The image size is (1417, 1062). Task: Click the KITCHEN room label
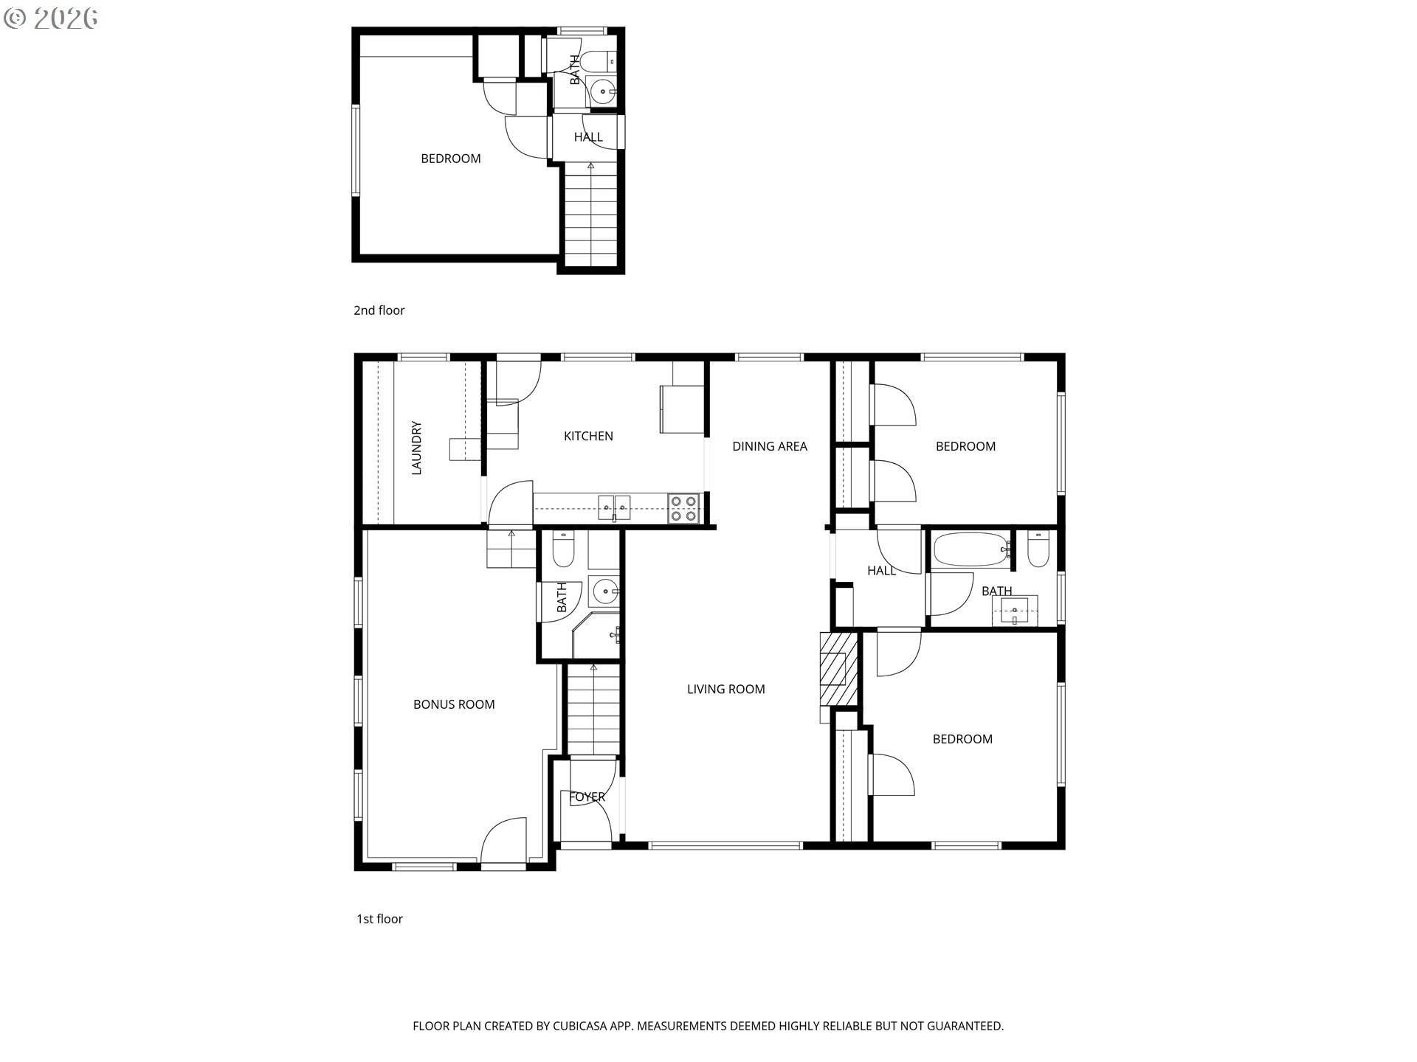click(588, 436)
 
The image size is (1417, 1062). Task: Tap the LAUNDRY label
click(416, 448)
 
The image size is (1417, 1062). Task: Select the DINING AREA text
click(769, 446)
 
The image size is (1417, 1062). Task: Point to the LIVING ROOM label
click(725, 689)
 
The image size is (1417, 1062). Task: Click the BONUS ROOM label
click(454, 704)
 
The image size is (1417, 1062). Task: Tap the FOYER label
click(587, 796)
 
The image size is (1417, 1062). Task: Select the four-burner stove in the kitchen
click(683, 509)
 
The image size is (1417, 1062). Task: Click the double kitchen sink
click(614, 507)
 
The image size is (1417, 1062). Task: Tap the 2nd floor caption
click(379, 310)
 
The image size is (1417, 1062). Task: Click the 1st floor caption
click(379, 919)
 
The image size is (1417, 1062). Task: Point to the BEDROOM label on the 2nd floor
click(450, 159)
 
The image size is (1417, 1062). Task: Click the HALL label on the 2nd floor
click(588, 137)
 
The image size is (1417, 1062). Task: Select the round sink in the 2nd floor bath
click(603, 92)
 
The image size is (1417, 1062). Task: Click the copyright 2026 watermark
click(51, 18)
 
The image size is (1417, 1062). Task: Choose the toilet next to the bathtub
click(1038, 549)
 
